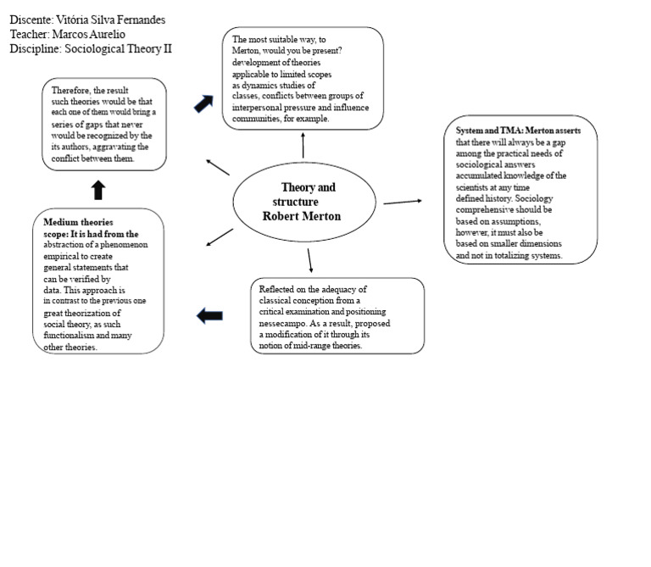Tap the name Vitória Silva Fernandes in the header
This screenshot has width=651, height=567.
pos(110,20)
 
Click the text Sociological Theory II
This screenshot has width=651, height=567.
pos(118,49)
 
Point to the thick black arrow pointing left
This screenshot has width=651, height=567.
pos(209,315)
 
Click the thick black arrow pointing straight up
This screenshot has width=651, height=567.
pos(98,190)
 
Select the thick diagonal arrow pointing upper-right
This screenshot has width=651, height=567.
pos(203,103)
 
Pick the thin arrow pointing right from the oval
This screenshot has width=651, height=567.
pos(403,203)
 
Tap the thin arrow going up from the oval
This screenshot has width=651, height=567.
pos(303,145)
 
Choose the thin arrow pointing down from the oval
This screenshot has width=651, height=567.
pos(309,261)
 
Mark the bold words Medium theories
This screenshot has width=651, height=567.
pos(78,222)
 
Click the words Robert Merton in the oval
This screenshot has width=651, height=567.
pos(302,216)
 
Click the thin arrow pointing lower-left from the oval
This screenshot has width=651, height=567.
pos(220,237)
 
